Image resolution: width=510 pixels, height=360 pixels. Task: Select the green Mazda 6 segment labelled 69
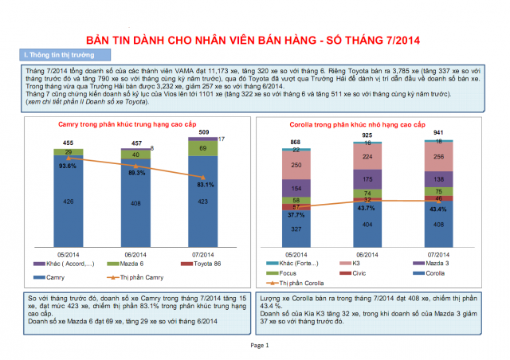(x=204, y=148)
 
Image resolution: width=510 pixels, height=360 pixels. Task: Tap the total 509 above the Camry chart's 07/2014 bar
(x=204, y=131)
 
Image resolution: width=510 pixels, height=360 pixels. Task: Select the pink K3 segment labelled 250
(x=296, y=164)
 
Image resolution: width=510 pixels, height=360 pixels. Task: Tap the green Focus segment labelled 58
(x=296, y=201)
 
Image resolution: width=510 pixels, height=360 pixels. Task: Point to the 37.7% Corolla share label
(x=296, y=216)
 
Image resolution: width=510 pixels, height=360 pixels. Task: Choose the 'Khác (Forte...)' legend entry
(x=295, y=263)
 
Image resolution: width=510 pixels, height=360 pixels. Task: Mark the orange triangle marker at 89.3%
(x=136, y=166)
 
